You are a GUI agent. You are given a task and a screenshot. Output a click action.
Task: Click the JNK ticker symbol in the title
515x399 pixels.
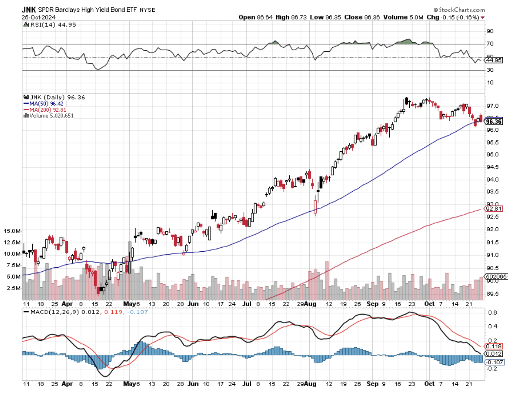tap(29, 9)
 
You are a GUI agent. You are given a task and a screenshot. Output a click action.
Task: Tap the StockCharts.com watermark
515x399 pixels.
tap(459, 9)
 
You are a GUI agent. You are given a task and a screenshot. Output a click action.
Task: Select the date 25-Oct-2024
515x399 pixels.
tap(39, 17)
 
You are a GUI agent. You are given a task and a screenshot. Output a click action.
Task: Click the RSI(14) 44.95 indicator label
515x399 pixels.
tap(50, 25)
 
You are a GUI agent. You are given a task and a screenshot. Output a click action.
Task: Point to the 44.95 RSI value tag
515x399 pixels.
tap(494, 60)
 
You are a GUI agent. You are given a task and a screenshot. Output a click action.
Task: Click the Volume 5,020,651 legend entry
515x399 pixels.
tap(49, 116)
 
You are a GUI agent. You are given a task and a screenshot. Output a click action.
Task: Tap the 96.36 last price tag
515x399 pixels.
tap(494, 122)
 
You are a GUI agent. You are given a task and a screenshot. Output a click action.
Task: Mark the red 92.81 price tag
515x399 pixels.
tap(494, 209)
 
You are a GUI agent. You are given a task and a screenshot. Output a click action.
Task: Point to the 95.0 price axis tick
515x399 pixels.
tap(492, 155)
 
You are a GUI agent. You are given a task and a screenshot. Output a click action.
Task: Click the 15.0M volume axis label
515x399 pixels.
tap(12, 231)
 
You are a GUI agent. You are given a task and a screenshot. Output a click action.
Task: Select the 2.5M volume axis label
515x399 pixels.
tap(13, 288)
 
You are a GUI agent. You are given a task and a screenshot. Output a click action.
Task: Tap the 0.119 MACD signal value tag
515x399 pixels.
tap(494, 346)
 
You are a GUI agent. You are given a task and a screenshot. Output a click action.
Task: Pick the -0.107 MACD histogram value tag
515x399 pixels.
tap(494, 362)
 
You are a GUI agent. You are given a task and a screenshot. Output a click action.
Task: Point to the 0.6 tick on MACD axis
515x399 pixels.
tap(492, 313)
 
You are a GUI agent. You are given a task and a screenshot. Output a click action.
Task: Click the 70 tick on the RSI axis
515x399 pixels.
tap(490, 44)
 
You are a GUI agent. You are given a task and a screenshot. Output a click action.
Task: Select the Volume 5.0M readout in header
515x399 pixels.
tap(403, 17)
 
